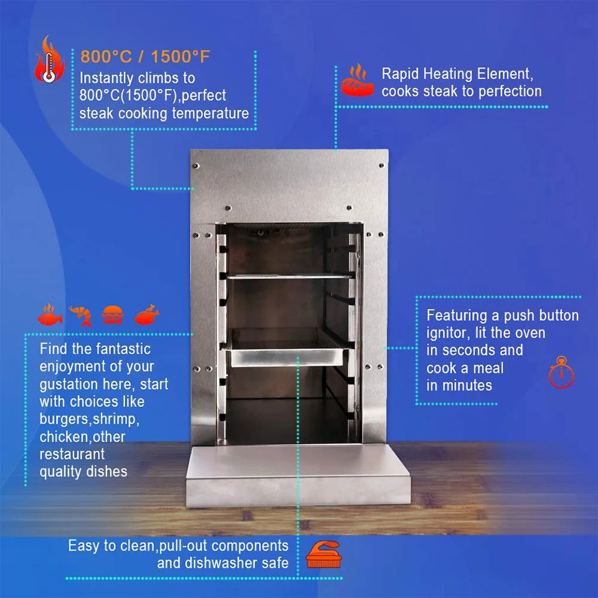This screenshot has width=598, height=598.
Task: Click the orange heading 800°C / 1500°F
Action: pos(145,57)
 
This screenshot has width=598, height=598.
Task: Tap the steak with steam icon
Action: pos(357,80)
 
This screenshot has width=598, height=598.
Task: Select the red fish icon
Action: pos(50,315)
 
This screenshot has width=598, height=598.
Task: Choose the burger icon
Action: pos(113,314)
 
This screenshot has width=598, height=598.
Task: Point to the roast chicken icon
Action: pos(147,313)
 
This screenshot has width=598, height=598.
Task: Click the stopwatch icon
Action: pos(561,373)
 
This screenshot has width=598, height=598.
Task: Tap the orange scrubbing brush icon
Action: pos(323,553)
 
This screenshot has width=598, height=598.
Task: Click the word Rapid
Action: pos(401,74)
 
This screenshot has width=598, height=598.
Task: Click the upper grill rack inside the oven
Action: pos(289,275)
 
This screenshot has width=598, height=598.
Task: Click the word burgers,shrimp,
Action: pos(89,419)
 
